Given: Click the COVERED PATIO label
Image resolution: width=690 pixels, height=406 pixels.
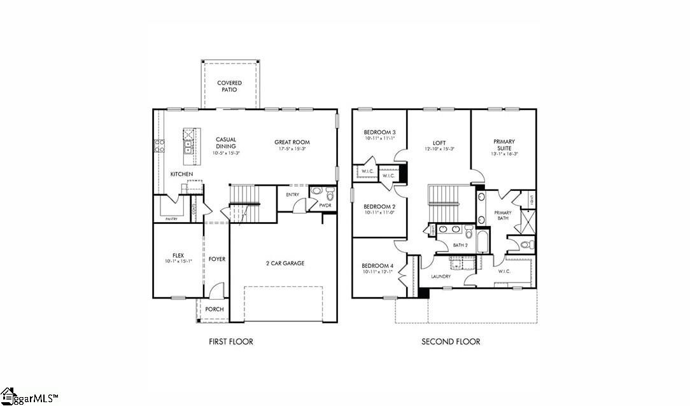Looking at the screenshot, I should pyautogui.click(x=229, y=87).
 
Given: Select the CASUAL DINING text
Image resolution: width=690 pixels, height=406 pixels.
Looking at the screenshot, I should pyautogui.click(x=226, y=143).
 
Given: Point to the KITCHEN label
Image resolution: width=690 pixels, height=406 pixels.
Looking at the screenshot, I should pyautogui.click(x=181, y=174).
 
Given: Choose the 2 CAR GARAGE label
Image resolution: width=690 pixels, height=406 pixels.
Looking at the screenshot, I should pyautogui.click(x=285, y=263).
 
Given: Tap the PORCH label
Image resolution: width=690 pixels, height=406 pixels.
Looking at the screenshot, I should pyautogui.click(x=214, y=310).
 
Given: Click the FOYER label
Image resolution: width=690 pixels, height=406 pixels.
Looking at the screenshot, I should pyautogui.click(x=217, y=260).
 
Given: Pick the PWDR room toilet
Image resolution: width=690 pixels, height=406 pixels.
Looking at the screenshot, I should pyautogui.click(x=330, y=194).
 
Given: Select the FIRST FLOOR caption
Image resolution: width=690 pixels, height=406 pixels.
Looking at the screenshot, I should pyautogui.click(x=230, y=342).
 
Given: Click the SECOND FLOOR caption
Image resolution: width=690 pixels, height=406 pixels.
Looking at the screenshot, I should pyautogui.click(x=451, y=342).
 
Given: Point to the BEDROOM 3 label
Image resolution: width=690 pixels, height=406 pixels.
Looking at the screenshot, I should pyautogui.click(x=379, y=132).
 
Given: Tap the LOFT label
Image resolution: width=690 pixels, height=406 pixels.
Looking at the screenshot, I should pyautogui.click(x=439, y=143).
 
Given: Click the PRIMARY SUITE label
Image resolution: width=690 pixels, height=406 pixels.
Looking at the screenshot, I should pyautogui.click(x=504, y=145).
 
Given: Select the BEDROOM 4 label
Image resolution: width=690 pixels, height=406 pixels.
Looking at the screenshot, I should pyautogui.click(x=378, y=266).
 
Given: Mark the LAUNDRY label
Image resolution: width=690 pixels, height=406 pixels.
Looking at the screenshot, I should pyautogui.click(x=440, y=277).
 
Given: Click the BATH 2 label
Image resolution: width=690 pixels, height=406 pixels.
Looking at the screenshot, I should pyautogui.click(x=460, y=245).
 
